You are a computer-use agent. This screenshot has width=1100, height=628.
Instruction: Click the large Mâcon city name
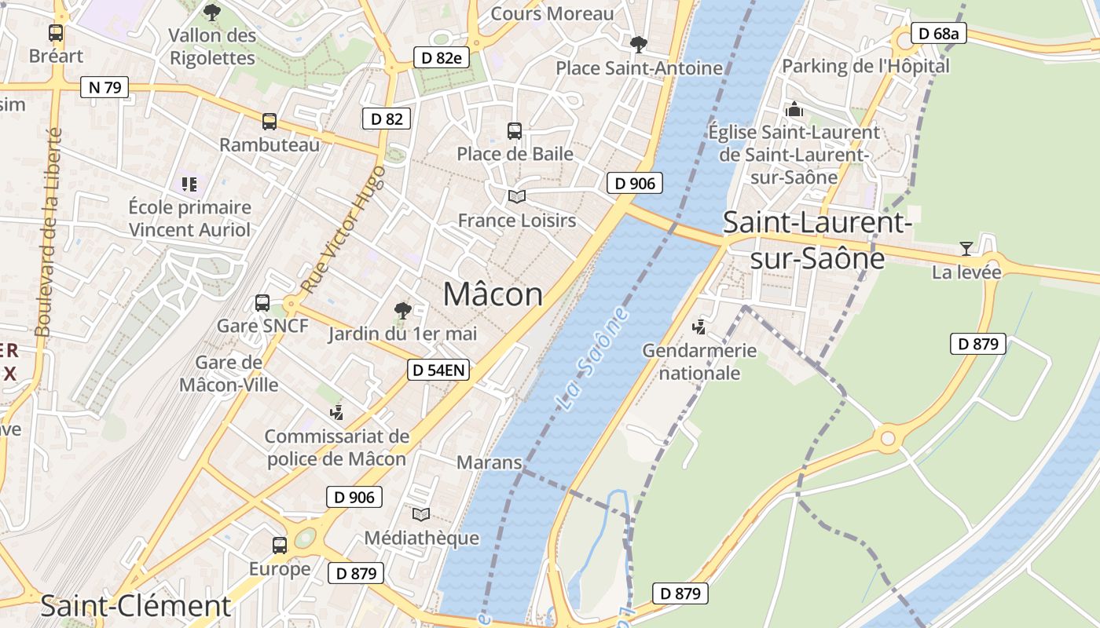pos(493,294)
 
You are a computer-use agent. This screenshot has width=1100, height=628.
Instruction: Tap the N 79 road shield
pos(104,87)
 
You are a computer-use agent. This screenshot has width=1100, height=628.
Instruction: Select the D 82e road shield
pos(442,57)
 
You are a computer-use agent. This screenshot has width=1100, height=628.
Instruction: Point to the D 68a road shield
pos(939,34)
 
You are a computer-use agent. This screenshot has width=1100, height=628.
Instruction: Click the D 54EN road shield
pos(438,371)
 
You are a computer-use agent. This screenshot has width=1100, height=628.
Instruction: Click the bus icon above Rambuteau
pos(269,122)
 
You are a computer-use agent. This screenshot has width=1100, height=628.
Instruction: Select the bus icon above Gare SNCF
pos(262,303)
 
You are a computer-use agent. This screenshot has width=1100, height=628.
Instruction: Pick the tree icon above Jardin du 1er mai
pos(402,311)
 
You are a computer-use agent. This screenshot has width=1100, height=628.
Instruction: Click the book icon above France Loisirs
pos(516,196)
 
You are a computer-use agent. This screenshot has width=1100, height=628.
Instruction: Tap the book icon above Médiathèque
pos(421,514)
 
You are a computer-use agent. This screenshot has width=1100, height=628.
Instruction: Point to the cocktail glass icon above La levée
pos(966,249)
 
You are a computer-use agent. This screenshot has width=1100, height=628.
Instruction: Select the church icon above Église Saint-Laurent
pos(794,109)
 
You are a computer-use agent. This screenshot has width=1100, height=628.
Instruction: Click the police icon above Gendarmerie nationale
pos(698,327)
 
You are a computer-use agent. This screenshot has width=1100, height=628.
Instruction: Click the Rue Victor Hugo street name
pos(343,229)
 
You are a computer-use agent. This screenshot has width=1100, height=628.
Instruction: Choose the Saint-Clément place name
pos(135,606)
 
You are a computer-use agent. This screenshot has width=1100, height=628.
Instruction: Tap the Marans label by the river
pos(489,462)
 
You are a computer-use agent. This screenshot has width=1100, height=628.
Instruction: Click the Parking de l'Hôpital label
pos(865,66)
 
